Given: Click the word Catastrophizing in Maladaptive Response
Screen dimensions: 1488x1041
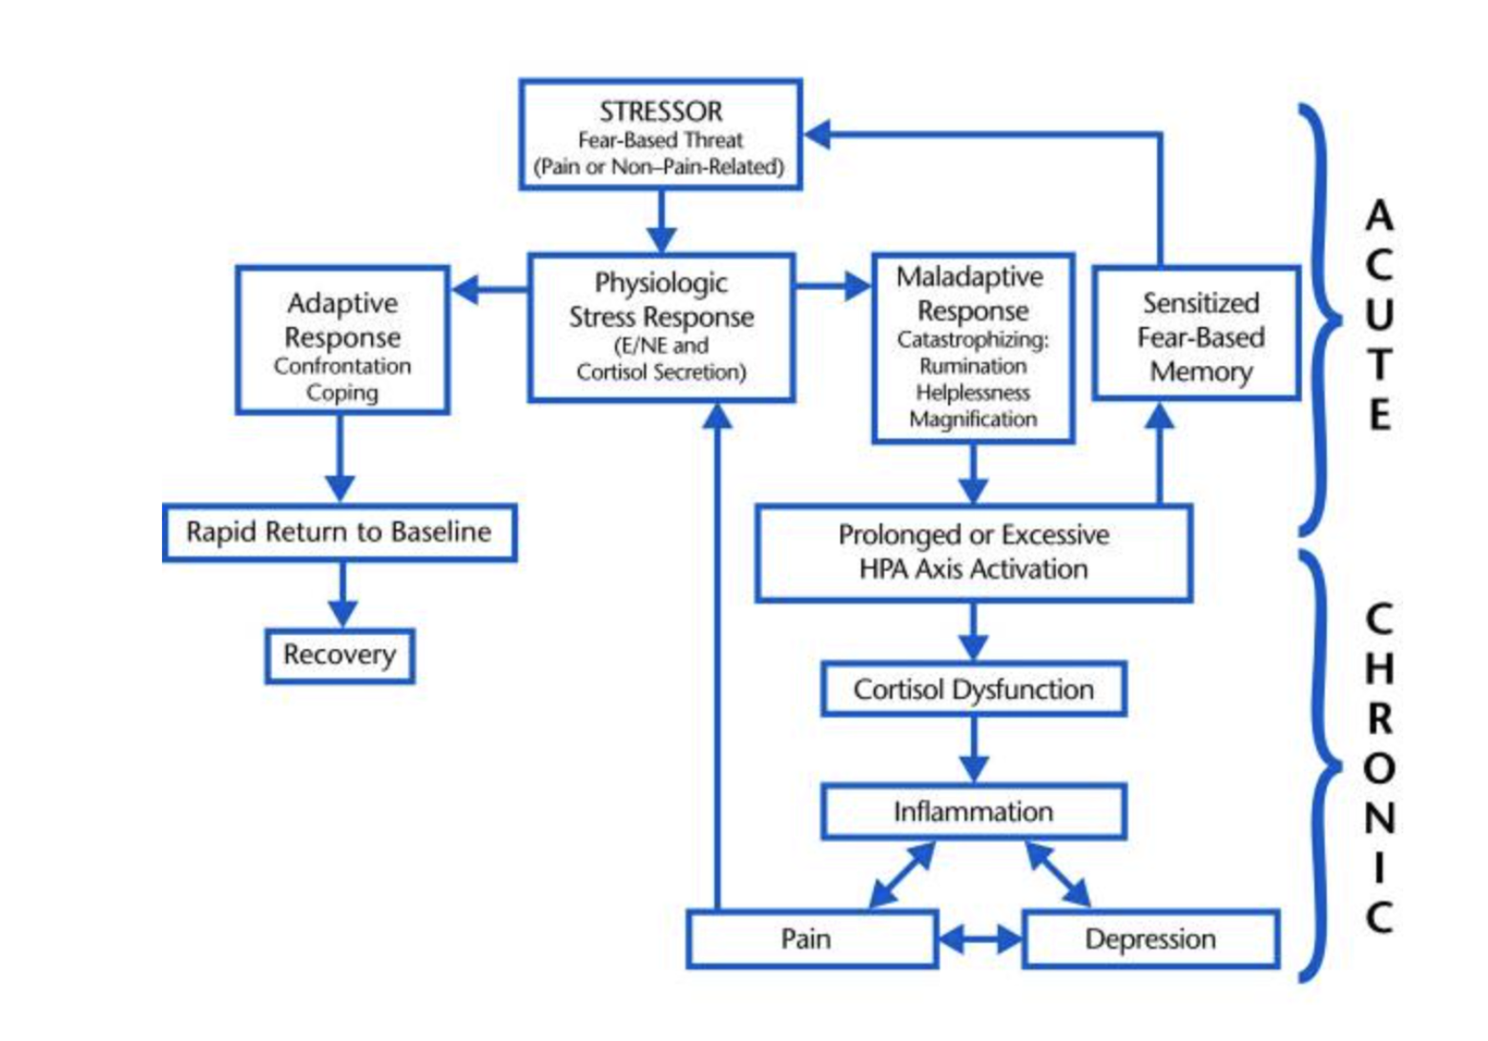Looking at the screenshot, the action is (973, 340).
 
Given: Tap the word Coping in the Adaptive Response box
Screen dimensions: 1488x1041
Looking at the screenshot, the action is (342, 393).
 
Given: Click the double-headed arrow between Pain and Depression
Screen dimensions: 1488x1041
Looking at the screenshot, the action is (981, 939).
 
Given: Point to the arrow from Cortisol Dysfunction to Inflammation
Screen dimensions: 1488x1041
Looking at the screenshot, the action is (973, 750).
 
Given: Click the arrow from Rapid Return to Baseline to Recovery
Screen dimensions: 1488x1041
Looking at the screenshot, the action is (342, 595).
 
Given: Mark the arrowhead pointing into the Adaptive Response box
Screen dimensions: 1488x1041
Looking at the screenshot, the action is (465, 290).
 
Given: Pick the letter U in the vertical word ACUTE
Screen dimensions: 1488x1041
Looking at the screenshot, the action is (1379, 315).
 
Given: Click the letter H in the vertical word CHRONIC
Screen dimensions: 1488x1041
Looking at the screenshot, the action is (1379, 668).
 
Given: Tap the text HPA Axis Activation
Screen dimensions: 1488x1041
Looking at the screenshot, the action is (973, 570).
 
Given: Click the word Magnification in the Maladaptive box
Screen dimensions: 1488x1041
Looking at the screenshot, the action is (973, 419).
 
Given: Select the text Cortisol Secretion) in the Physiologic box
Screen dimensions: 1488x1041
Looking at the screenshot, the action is (661, 373).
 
